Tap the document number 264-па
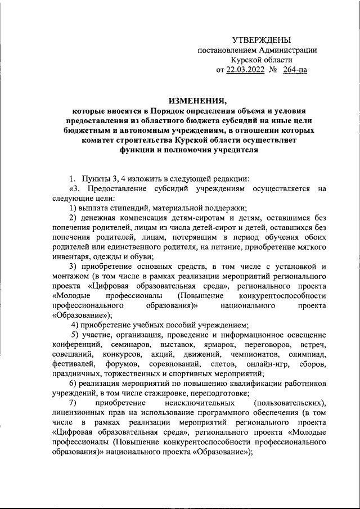point(295,70)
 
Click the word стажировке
point(154,393)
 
